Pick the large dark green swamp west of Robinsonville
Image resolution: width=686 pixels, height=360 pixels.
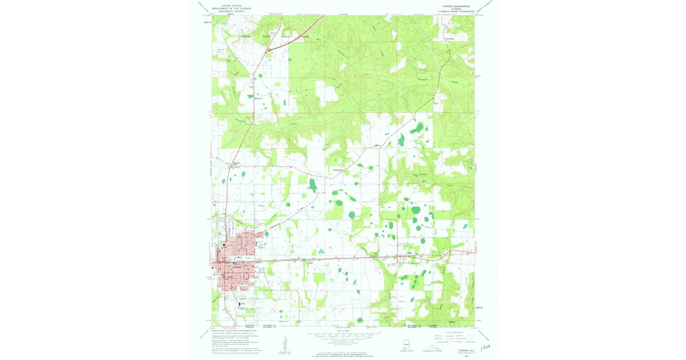(312, 185)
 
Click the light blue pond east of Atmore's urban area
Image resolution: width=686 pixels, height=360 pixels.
(322, 251)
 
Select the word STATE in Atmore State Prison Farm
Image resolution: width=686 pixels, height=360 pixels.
(266, 37)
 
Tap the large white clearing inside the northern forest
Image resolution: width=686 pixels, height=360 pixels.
(327, 91)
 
